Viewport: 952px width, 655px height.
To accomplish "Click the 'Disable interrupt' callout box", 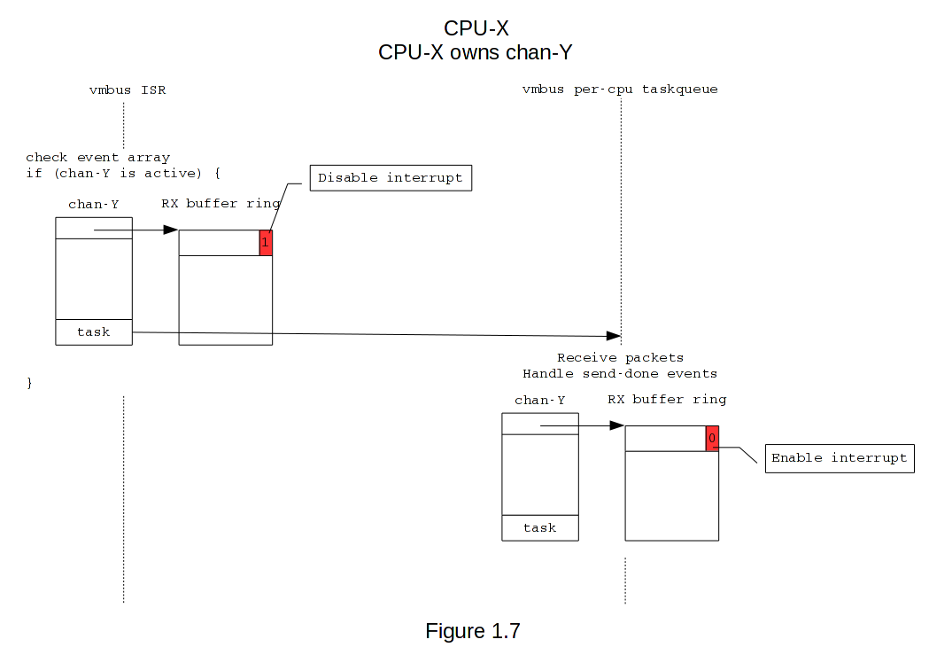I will [390, 177].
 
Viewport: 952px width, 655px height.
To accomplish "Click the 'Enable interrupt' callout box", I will [839, 458].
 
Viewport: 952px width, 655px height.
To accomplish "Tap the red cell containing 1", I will [266, 243].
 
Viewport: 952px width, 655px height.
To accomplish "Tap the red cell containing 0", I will [712, 439].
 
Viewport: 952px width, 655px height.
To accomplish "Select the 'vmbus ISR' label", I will [128, 90].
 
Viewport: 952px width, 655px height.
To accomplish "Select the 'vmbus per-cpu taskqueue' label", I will [620, 90].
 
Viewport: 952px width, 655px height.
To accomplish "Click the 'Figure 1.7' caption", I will [472, 631].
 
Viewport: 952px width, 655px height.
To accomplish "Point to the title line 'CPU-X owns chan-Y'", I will [476, 52].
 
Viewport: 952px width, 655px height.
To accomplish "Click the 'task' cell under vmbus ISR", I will [94, 331].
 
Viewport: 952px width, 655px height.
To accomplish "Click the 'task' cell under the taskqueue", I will [539, 527].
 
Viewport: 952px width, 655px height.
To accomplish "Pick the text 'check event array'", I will [97, 158].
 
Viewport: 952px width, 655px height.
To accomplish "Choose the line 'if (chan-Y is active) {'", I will [122, 173].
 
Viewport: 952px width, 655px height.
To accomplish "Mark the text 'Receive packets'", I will [620, 358].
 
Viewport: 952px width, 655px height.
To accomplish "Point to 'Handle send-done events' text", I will [620, 373].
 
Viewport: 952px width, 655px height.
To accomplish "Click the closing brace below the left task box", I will [29, 383].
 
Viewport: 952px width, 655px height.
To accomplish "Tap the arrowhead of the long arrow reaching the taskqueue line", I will [613, 336].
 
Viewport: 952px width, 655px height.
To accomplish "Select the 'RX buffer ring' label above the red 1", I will [221, 204].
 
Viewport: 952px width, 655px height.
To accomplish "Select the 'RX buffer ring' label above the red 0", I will [667, 400].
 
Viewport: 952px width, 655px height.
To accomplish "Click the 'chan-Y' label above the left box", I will [94, 205].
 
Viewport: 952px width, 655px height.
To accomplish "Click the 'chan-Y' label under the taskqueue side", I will [539, 401].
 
